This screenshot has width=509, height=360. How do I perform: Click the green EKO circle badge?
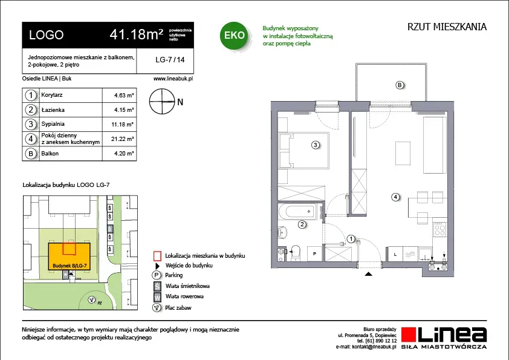(234, 36)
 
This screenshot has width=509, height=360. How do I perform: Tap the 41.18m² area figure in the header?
(137, 34)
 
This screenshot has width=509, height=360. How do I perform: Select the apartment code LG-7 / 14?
(170, 60)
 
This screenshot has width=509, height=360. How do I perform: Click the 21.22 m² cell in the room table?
(122, 139)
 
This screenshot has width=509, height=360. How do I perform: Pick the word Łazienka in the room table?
(53, 110)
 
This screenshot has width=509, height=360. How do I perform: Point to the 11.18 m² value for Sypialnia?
(122, 125)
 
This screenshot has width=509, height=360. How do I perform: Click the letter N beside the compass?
(180, 102)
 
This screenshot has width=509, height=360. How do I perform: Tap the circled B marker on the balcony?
(400, 85)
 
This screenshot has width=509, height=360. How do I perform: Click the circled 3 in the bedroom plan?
(315, 145)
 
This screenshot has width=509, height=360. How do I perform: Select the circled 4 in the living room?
(395, 197)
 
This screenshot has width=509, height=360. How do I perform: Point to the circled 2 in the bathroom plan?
(302, 224)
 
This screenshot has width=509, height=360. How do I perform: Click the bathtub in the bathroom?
(297, 212)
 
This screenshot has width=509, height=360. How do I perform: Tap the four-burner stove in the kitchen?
(440, 230)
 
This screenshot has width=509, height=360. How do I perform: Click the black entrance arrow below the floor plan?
(368, 274)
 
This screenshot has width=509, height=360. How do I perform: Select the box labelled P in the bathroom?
(314, 254)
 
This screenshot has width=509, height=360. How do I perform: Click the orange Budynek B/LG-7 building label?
(70, 266)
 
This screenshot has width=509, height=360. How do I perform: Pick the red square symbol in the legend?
(157, 256)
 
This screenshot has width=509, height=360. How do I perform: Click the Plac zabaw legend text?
(178, 308)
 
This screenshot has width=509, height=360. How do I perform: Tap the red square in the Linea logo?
(409, 335)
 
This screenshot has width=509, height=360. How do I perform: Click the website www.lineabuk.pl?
(173, 79)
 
